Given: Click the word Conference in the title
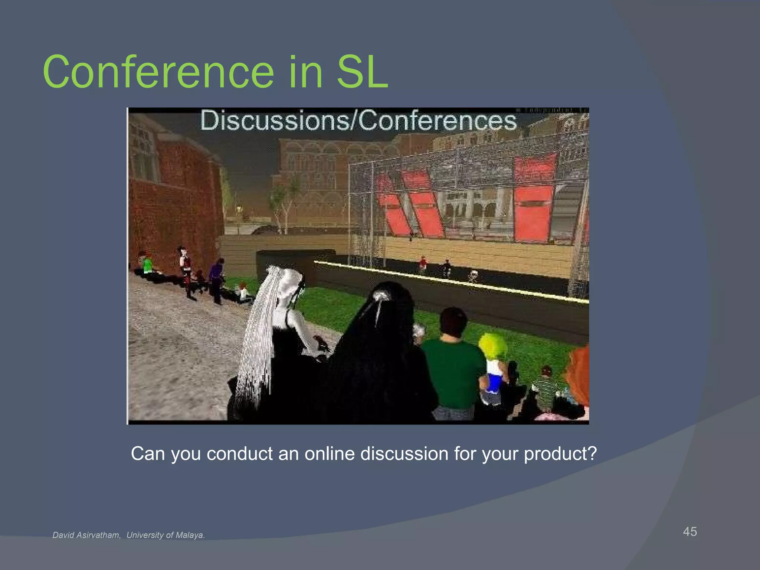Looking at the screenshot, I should pyautogui.click(x=158, y=72).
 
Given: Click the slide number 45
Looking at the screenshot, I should pyautogui.click(x=690, y=532).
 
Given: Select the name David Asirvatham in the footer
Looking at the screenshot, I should pyautogui.click(x=86, y=535).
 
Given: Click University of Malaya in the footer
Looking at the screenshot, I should pyautogui.click(x=166, y=535).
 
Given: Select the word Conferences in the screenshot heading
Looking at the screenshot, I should pyautogui.click(x=438, y=121).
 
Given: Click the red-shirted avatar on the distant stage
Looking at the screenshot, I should pyautogui.click(x=422, y=264).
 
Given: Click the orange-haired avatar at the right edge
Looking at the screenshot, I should pyautogui.click(x=579, y=375).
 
